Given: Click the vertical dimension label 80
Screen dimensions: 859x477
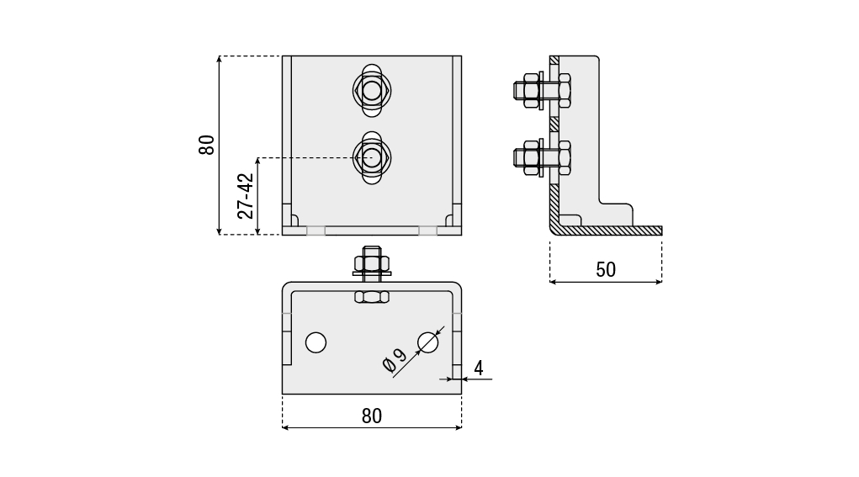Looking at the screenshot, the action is click(x=207, y=145).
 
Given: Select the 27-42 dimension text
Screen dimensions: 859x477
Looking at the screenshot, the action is click(x=246, y=196).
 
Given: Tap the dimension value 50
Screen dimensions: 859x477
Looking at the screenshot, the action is click(x=606, y=270).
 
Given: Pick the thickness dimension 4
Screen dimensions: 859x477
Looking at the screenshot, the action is click(x=478, y=368).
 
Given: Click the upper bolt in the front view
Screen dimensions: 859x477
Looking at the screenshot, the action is click(x=371, y=91).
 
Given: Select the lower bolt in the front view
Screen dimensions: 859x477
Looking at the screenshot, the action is click(x=371, y=157).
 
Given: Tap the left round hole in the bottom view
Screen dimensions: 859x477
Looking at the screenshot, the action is click(x=315, y=343).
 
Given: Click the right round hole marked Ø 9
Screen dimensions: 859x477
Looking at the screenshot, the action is click(x=428, y=343).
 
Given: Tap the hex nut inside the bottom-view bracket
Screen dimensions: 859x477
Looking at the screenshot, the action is click(x=372, y=297).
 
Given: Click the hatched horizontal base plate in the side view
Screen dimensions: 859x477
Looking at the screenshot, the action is click(x=606, y=231).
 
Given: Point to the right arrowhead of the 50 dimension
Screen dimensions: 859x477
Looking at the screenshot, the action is click(x=659, y=282).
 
